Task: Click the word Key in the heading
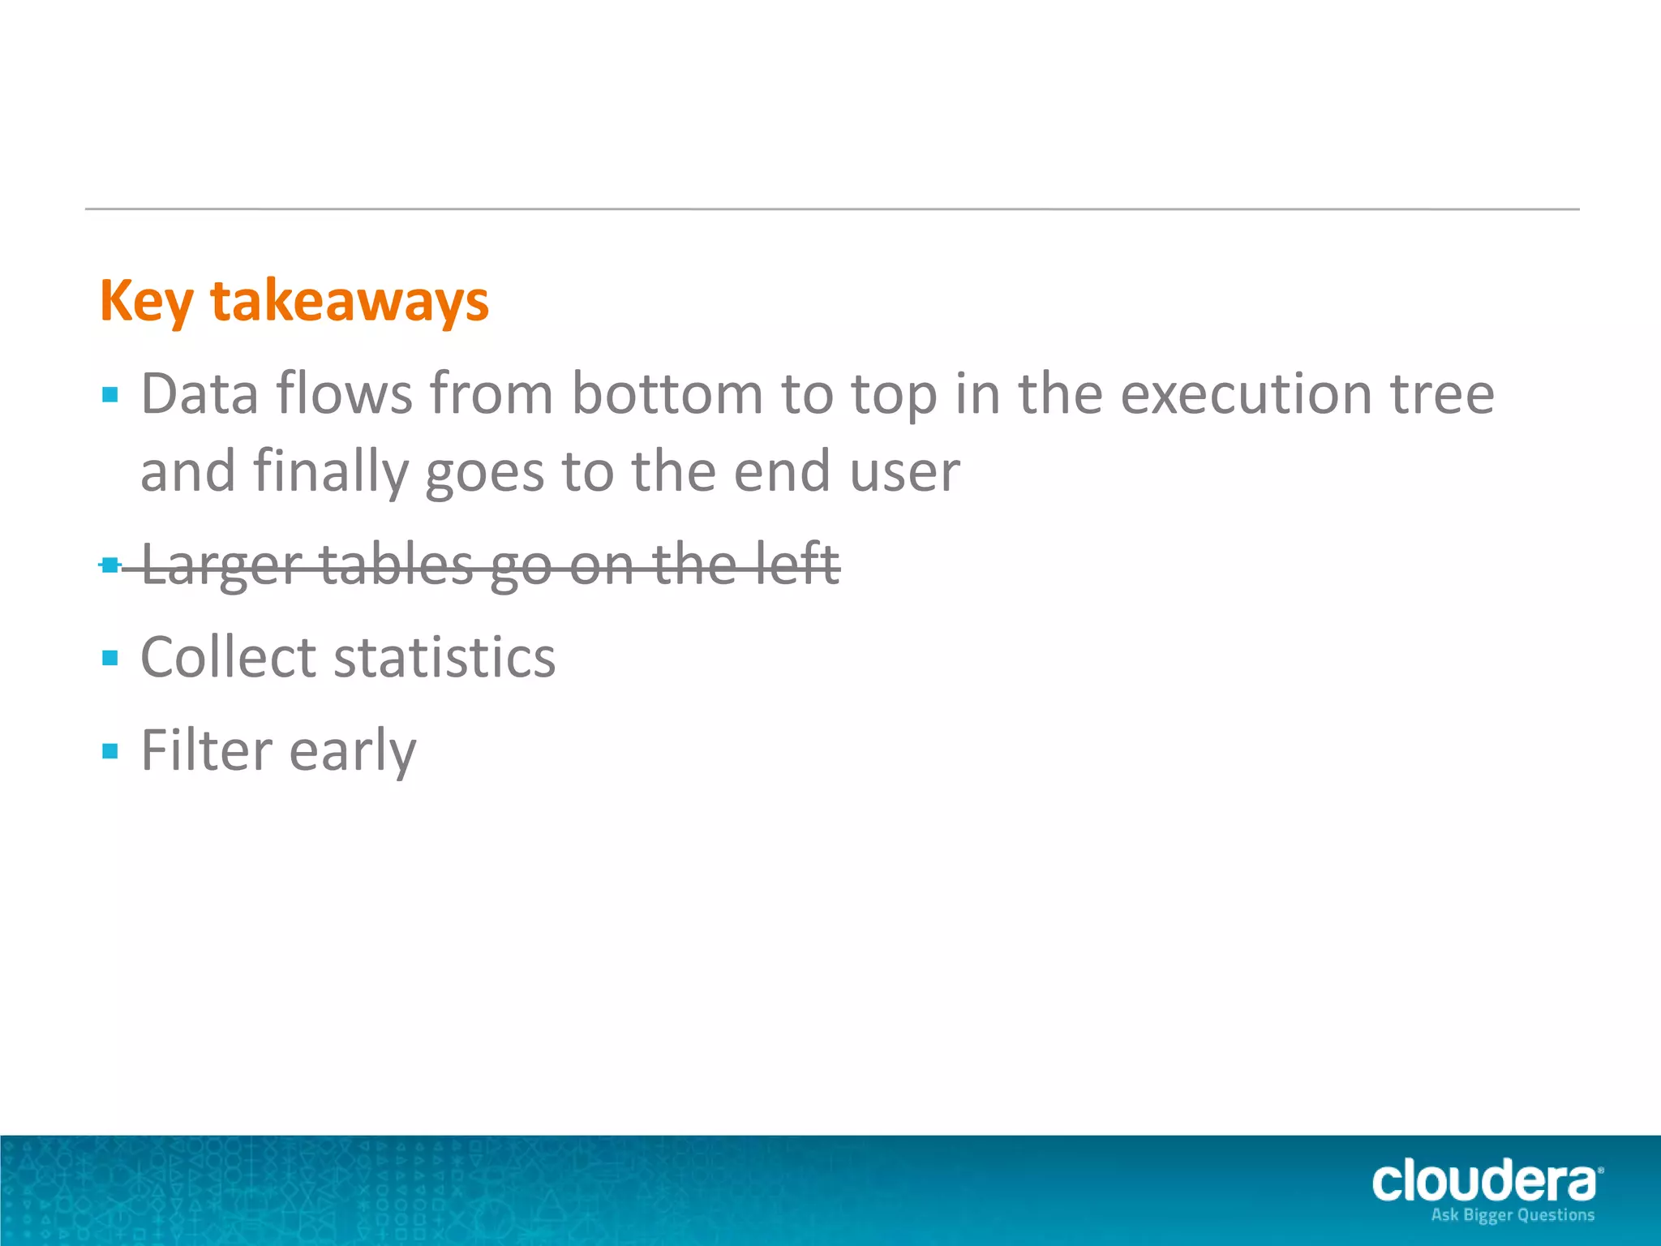(147, 302)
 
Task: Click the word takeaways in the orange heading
(350, 302)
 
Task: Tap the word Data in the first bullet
(200, 394)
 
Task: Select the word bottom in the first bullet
(667, 394)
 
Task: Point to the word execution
(1246, 394)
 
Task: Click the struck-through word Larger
(221, 565)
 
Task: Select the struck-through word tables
(395, 565)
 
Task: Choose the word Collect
(228, 657)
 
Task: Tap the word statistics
(444, 657)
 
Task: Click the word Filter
(206, 750)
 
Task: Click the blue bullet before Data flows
(110, 396)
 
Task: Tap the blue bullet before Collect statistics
(110, 658)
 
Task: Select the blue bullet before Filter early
(110, 751)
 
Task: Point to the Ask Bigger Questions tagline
(1512, 1215)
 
